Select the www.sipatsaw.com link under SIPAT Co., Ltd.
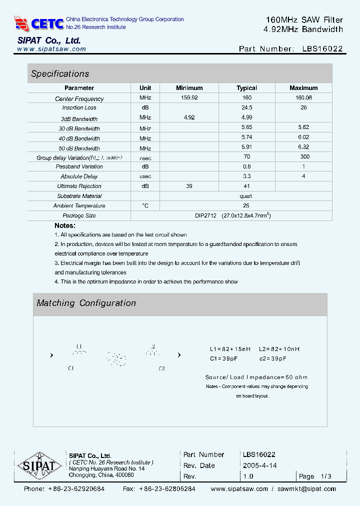(51, 49)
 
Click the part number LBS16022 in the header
(322, 49)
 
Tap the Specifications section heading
(60, 73)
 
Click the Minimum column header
(189, 88)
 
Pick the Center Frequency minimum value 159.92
(189, 98)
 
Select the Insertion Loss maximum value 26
(303, 107)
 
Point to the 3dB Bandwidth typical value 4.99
(246, 117)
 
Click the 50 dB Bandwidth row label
(79, 148)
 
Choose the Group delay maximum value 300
(303, 157)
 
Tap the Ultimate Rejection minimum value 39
(189, 186)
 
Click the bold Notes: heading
(64, 225)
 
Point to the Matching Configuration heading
(86, 303)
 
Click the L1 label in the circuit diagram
(79, 346)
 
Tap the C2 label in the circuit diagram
(161, 368)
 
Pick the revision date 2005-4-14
(259, 465)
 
